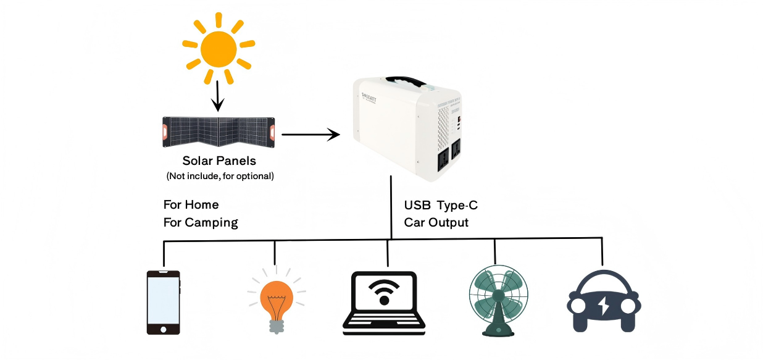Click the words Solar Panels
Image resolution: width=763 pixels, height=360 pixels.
click(x=219, y=161)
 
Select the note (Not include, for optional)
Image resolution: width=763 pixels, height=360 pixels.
click(x=220, y=176)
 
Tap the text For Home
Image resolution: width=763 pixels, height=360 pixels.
click(x=191, y=204)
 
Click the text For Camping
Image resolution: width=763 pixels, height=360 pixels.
click(x=201, y=222)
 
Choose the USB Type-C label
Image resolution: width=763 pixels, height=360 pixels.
click(x=441, y=205)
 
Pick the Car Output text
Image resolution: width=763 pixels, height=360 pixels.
click(x=436, y=222)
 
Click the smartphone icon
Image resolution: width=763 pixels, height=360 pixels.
click(x=164, y=303)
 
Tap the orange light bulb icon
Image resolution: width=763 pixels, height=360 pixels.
click(x=276, y=300)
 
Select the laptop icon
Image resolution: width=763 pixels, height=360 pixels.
click(x=385, y=303)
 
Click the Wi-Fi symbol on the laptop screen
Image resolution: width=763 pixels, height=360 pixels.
click(x=385, y=291)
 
